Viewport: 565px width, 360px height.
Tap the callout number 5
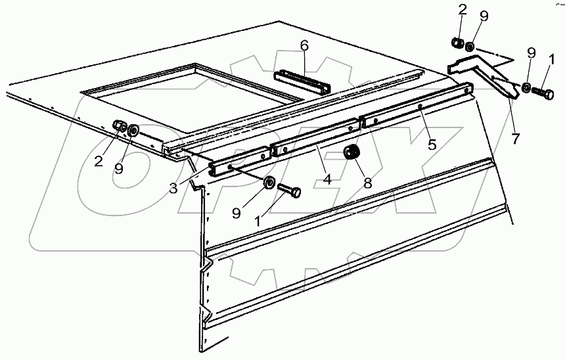point(432,144)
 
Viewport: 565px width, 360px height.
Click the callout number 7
point(516,139)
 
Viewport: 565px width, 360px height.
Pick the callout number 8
point(368,183)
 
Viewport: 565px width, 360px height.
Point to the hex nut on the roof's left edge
point(119,126)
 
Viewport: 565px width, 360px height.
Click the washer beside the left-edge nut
point(133,130)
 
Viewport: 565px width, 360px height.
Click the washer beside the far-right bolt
point(527,87)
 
